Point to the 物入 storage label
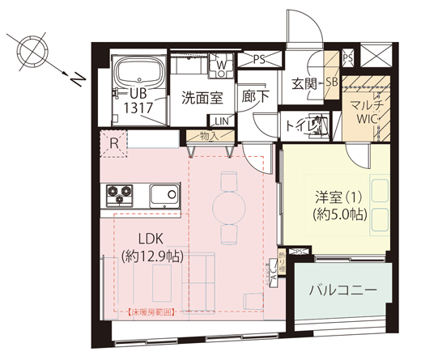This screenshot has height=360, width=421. pos(208,137)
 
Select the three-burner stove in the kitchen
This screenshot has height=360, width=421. pos(121,195)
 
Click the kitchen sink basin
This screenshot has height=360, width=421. pos(164,196)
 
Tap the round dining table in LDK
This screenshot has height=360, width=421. pos(228,207)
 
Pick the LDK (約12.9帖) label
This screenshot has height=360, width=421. pos(152,248)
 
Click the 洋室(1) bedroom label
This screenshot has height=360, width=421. pos(340,205)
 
